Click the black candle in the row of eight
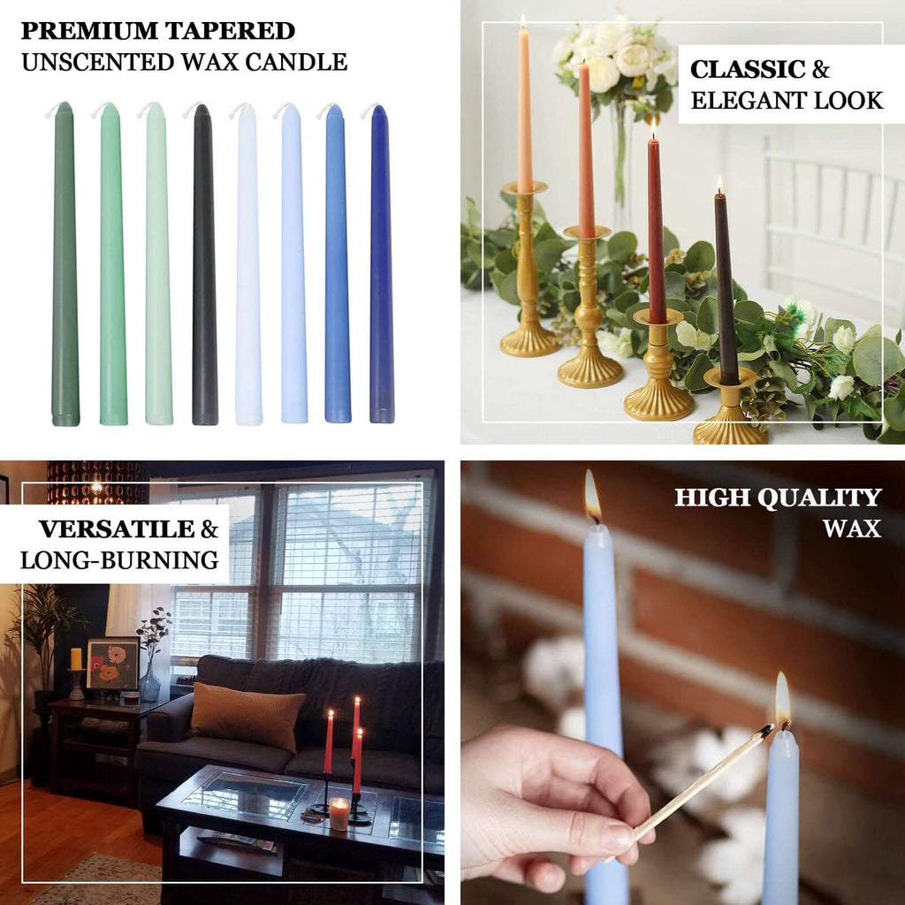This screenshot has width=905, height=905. tap(204, 265)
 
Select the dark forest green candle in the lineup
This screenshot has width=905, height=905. tap(65, 265)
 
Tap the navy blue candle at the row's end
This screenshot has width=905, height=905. tap(381, 265)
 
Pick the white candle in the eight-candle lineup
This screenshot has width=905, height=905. tap(247, 265)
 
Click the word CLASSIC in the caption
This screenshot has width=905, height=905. tap(748, 70)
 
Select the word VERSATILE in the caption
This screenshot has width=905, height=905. tap(116, 529)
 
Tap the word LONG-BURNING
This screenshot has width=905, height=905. tap(119, 560)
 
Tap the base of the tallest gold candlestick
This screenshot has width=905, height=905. tap(529, 341)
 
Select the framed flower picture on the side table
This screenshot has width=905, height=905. tap(112, 664)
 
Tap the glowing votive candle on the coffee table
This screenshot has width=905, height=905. tap(339, 813)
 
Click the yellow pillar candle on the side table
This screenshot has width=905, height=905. tap(76, 658)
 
